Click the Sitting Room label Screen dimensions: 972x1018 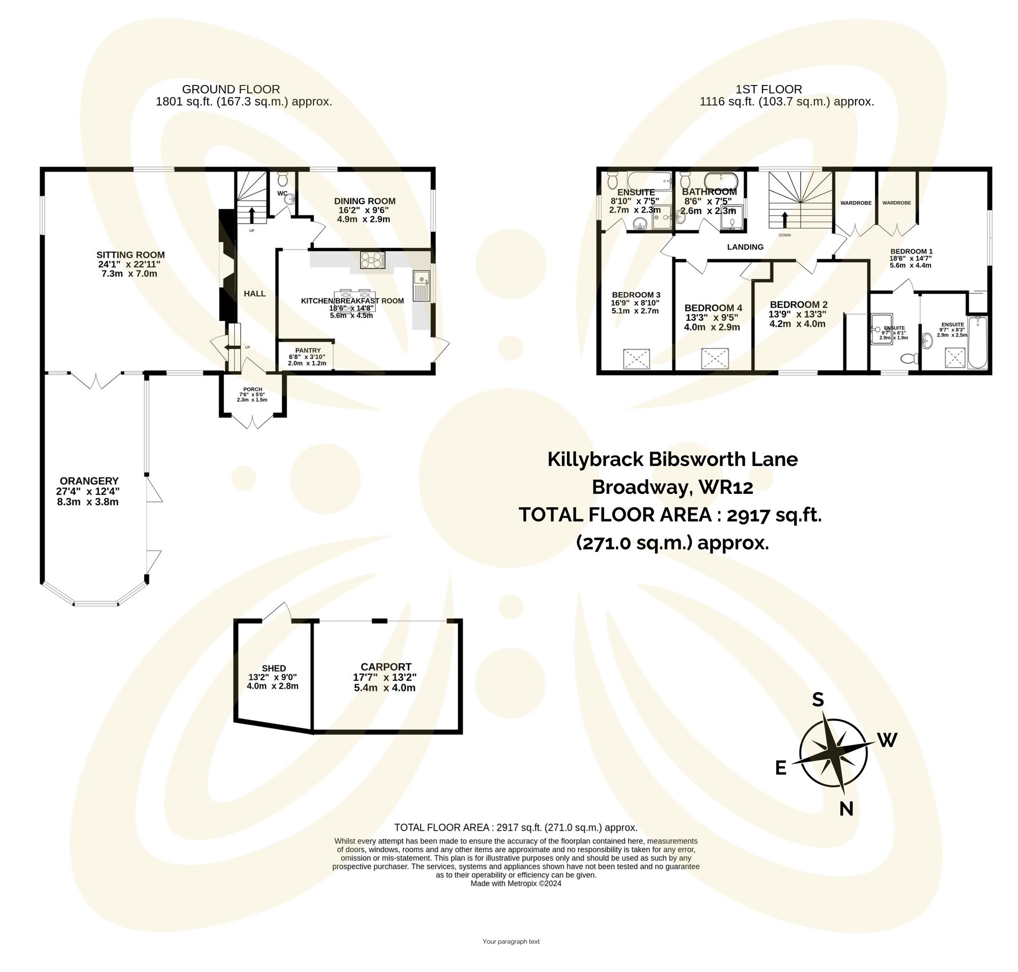coord(130,255)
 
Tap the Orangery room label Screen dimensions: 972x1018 coord(89,481)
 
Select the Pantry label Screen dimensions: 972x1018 coord(308,350)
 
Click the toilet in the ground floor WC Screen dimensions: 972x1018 coord(283,180)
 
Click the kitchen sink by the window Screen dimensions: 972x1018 coord(421,286)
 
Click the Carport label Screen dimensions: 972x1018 coord(386,667)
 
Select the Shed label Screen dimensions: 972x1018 coord(273,669)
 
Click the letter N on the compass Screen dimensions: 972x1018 coord(846,809)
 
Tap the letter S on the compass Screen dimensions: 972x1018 coord(817,700)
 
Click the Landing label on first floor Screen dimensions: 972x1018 coord(745,247)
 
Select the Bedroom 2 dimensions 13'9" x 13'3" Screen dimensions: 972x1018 coord(797,314)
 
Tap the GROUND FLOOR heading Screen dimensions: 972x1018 coord(231,90)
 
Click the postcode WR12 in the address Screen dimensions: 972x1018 coord(725,487)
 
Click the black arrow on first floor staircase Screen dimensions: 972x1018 coord(784,219)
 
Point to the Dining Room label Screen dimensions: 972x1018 coord(365,201)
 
